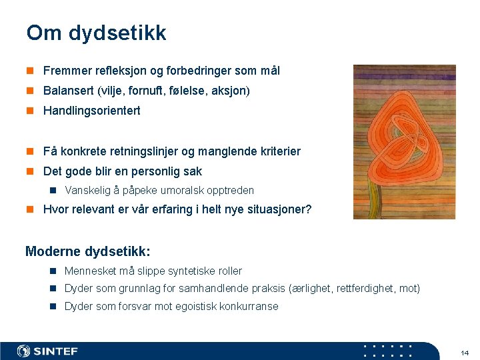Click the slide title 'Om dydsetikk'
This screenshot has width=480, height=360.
coord(96,33)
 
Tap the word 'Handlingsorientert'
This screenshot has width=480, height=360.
coord(91,111)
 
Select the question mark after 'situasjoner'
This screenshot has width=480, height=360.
coord(308,209)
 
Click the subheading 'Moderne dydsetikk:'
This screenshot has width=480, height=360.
coord(88,251)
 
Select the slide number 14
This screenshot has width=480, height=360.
coord(465,352)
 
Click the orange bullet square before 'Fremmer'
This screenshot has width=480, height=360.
coord(30,71)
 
